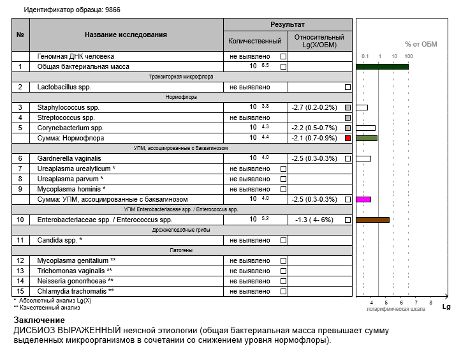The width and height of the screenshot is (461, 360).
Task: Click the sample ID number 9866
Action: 112,10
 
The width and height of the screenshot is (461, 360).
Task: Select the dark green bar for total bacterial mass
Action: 382,66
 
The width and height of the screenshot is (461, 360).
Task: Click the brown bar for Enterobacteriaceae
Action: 372,220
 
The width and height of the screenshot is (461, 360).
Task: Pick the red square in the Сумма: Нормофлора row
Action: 348,138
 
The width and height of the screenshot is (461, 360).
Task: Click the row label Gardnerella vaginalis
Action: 70,158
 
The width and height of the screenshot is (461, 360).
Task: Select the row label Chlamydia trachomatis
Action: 76,291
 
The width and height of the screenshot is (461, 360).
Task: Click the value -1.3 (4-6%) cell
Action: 315,220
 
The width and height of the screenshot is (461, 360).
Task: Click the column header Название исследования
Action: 126,34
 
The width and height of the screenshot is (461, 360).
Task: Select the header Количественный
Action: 255,41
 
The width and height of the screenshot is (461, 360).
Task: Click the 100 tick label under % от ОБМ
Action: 409,57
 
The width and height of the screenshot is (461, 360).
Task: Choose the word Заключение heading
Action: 39,320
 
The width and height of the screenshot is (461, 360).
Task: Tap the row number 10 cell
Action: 20,220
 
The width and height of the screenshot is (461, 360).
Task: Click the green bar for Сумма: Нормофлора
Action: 367,138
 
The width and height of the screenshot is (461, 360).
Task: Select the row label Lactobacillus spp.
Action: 64,87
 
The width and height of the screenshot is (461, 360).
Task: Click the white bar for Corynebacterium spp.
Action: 365,128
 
